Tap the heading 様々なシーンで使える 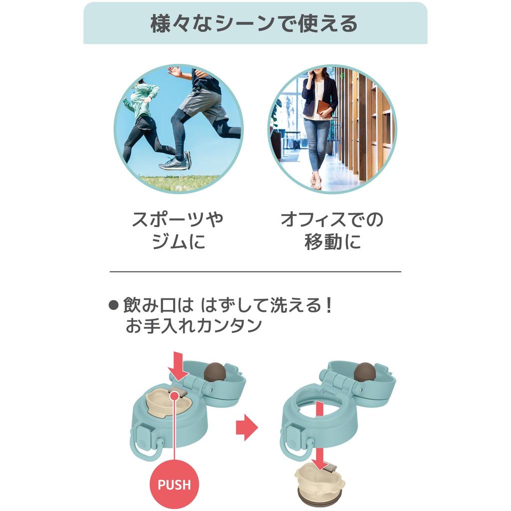click(254, 23)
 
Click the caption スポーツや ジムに click(178, 231)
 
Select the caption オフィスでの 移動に click(332, 231)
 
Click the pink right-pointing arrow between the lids click(247, 427)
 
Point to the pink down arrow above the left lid click(178, 367)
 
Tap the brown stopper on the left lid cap click(215, 371)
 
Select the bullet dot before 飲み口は click(113, 305)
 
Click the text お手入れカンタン click(194, 325)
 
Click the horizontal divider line click(255, 271)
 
